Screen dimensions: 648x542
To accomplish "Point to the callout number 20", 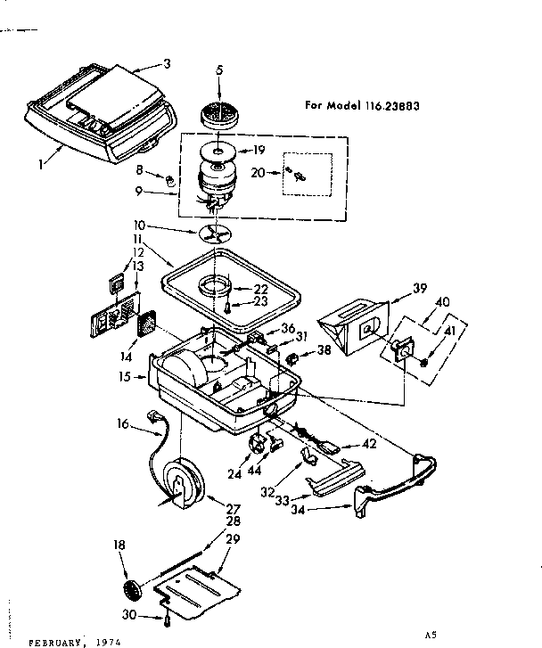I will tap(259, 173).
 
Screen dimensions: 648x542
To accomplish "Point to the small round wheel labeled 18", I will tap(131, 589).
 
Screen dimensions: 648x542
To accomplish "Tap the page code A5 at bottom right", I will tap(431, 634).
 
